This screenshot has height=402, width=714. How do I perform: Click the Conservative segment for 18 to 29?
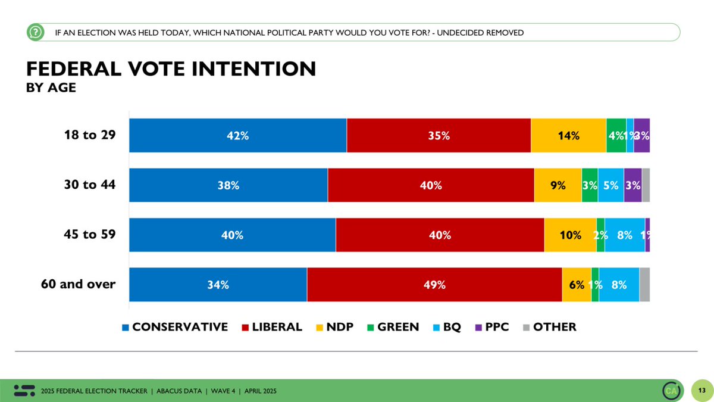[238, 135]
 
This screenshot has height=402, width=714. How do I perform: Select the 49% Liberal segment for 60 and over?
[434, 285]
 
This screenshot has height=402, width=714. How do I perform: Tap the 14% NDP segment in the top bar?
[568, 135]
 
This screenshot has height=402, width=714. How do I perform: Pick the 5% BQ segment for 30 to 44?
[610, 185]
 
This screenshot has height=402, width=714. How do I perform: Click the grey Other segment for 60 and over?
[644, 285]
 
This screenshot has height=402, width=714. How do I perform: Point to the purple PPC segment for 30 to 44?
[632, 185]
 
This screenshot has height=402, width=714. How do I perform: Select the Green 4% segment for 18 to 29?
[616, 135]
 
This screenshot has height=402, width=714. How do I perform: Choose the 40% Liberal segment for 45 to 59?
[440, 235]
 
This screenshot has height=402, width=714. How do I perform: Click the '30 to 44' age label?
[89, 185]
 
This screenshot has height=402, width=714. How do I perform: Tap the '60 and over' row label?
[78, 284]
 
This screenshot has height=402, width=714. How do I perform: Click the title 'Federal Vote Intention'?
[171, 69]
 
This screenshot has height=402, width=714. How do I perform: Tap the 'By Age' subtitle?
[51, 88]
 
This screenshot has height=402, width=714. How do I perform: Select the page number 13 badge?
[702, 390]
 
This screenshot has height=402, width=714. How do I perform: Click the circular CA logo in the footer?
[672, 390]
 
